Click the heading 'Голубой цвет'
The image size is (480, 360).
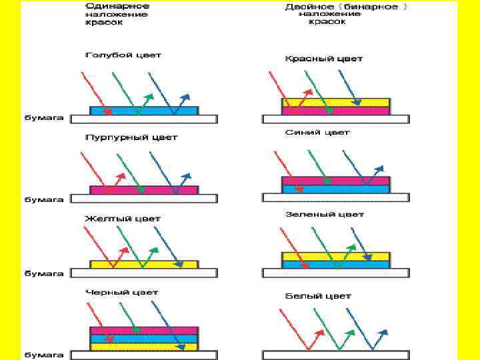pos(123,55)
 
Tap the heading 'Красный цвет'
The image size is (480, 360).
pos(324,59)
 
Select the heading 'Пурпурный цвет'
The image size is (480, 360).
pos(131,137)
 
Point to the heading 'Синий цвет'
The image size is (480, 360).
pos(317,133)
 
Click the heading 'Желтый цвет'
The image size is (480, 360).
pos(123,218)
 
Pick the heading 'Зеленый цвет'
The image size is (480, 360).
pos(325,215)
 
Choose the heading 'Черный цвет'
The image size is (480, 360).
pos(121,292)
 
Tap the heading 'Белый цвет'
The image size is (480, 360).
pos(318,296)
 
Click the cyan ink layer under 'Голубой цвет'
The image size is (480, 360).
pos(144,110)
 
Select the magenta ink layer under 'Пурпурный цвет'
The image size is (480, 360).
pos(144,190)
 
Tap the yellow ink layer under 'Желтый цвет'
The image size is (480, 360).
pos(144,264)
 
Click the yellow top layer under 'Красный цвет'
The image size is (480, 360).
pos(336,102)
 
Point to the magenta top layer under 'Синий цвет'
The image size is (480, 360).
pos(336,181)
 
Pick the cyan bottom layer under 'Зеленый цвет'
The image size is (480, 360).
pos(336,265)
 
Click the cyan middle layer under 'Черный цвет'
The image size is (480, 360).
pos(144,339)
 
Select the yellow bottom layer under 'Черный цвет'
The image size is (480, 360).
pos(144,347)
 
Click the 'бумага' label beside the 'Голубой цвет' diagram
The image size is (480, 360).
pos(45,118)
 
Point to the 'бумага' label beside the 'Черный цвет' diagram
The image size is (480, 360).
pos(45,355)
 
